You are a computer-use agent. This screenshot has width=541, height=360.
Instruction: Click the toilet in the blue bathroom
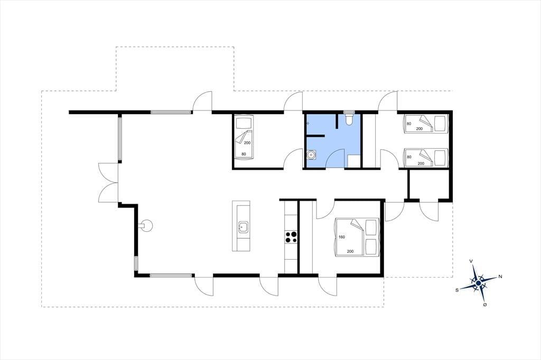349,120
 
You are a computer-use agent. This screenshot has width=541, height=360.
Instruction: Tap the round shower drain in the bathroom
312,155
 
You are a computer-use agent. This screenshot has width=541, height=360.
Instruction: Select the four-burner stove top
291,237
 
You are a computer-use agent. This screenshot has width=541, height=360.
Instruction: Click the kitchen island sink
243,228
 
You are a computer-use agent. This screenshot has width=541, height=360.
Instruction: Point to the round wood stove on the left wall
146,226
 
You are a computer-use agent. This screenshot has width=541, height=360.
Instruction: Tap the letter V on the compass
471,261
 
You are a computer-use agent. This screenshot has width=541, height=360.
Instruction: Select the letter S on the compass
457,290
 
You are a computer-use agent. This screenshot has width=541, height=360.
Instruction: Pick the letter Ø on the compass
485,305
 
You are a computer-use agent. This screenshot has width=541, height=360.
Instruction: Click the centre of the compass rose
478,283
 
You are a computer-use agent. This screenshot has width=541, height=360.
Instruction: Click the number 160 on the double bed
342,237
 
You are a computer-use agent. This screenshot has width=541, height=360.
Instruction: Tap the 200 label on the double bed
350,251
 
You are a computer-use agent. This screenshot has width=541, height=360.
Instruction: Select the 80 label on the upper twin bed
409,124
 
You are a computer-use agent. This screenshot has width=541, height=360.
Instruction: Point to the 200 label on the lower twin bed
421,164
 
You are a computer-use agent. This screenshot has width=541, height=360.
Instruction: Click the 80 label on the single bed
244,154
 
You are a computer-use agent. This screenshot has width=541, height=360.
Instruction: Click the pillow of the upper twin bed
440,124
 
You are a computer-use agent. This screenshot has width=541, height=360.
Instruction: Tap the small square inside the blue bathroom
353,161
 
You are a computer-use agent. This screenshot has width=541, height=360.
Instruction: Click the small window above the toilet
349,112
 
